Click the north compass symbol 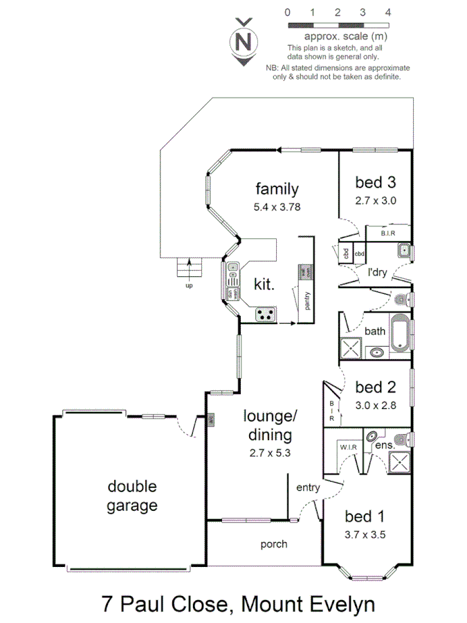pyautogui.click(x=243, y=41)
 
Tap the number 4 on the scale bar pyautogui.click(x=388, y=12)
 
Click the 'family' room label pyautogui.click(x=277, y=188)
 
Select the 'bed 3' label pyautogui.click(x=375, y=182)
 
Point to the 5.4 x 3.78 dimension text pyautogui.click(x=277, y=206)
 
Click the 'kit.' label pyautogui.click(x=264, y=284)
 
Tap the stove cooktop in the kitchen pyautogui.click(x=264, y=314)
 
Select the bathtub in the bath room pyautogui.click(x=399, y=333)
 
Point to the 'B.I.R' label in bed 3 pyautogui.click(x=387, y=234)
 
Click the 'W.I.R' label pyautogui.click(x=348, y=447)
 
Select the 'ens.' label pyautogui.click(x=385, y=446)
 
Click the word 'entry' pyautogui.click(x=308, y=488)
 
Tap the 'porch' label pyautogui.click(x=273, y=544)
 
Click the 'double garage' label pyautogui.click(x=131, y=496)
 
